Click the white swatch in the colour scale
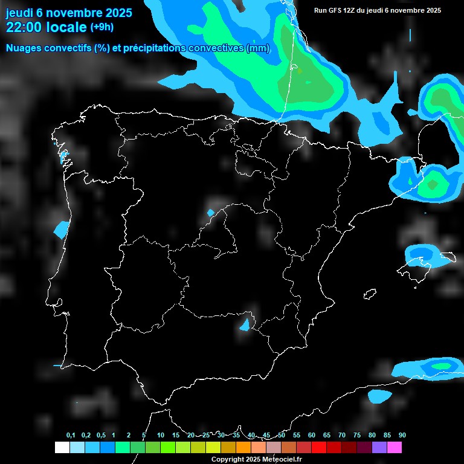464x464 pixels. tap(62, 448)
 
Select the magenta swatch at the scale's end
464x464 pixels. tap(395, 448)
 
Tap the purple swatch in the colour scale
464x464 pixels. tap(379, 448)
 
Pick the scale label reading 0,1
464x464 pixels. tap(71, 436)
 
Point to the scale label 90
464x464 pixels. tap(402, 436)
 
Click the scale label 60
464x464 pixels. tap(311, 436)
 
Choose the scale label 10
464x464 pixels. tap(160, 436)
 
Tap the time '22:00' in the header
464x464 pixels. tap(24, 27)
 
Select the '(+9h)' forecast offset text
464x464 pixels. tap(101, 27)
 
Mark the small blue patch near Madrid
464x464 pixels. tap(210, 213)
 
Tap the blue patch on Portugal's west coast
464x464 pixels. tap(62, 229)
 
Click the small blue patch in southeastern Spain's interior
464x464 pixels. tap(245, 325)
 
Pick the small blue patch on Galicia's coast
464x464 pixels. tap(63, 156)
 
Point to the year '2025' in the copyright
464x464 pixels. tap(249, 459)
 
